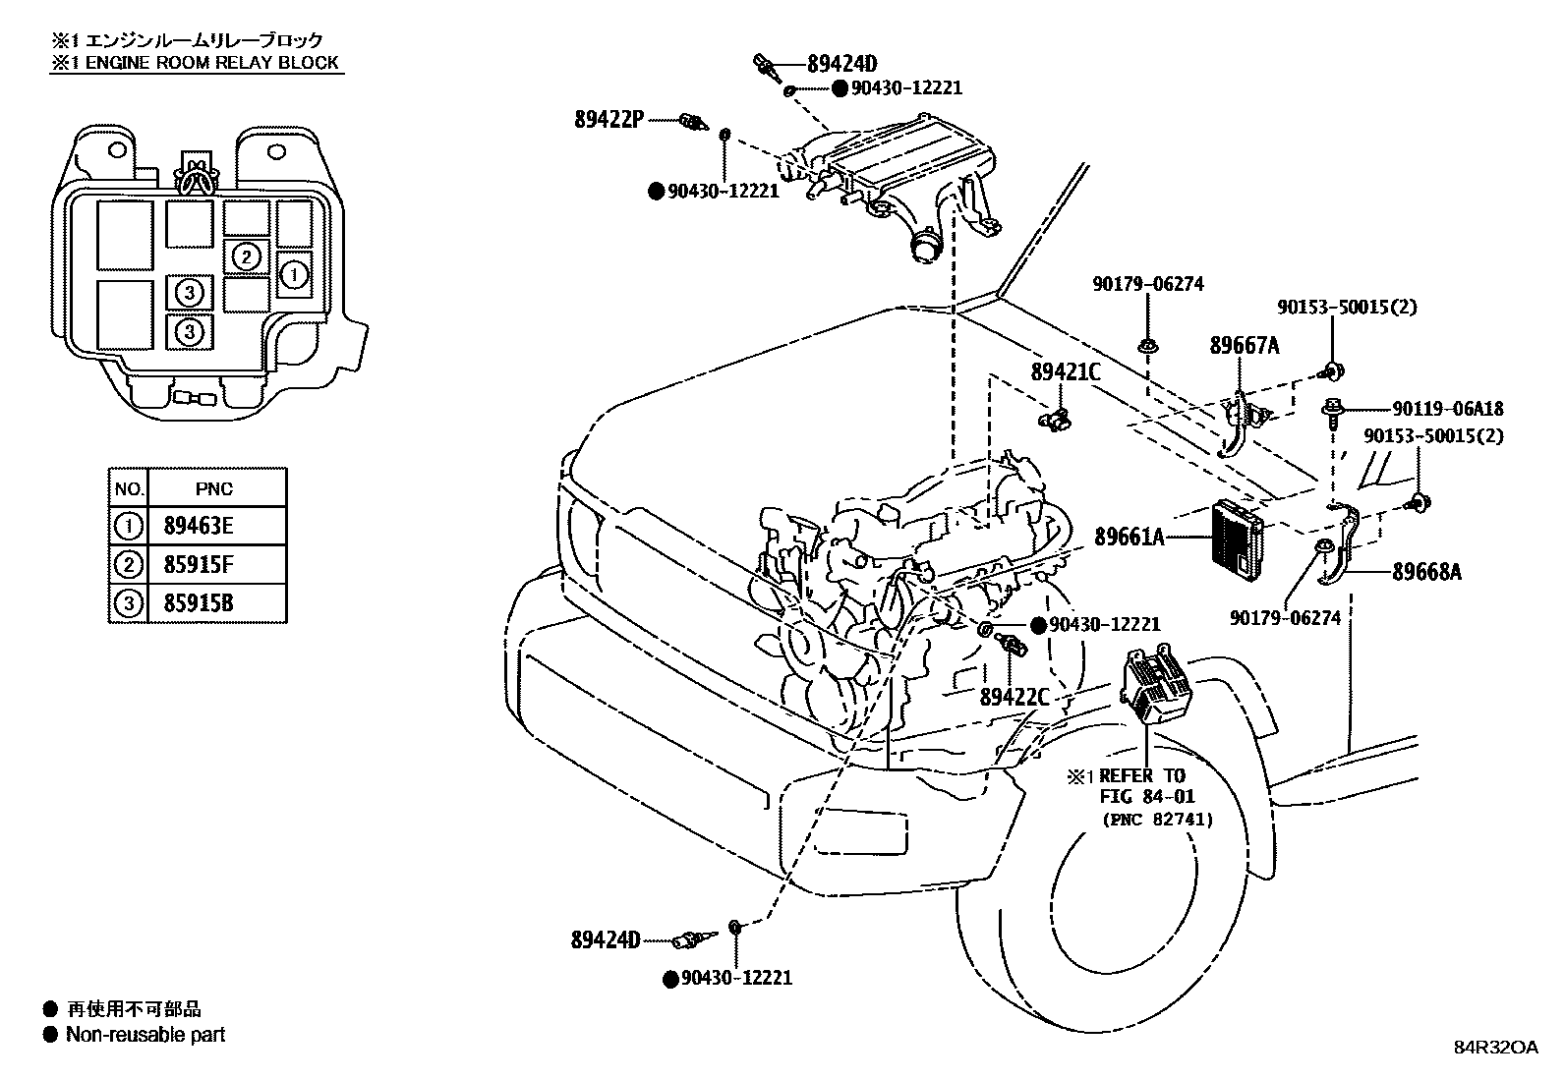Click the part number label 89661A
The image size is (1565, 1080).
click(1130, 537)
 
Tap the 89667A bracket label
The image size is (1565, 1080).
click(1245, 345)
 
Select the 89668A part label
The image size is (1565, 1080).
click(1426, 571)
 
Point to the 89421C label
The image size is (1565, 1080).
click(1066, 372)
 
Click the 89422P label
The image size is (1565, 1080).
click(609, 120)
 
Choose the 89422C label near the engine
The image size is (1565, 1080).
click(1014, 697)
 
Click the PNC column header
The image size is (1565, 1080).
click(213, 489)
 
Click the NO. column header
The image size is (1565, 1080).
click(129, 489)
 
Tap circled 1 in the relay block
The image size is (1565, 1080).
click(294, 274)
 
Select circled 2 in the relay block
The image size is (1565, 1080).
click(245, 257)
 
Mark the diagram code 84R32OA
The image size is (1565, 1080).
click(1496, 1048)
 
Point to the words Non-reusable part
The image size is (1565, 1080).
click(145, 1035)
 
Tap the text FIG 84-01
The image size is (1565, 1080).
click(1147, 796)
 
